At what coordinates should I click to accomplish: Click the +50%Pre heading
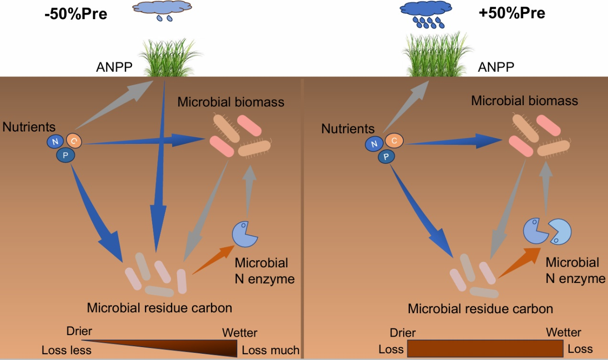[511, 13]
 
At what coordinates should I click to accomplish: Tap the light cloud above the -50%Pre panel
[162, 8]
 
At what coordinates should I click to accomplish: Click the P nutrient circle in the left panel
[66, 154]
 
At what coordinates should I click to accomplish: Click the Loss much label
[270, 350]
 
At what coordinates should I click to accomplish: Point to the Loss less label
[66, 350]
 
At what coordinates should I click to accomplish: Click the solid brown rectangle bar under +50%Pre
[485, 348]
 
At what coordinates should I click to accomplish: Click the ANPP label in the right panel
[496, 67]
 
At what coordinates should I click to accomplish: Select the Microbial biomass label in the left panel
[231, 102]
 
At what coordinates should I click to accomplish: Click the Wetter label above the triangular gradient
[240, 333]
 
